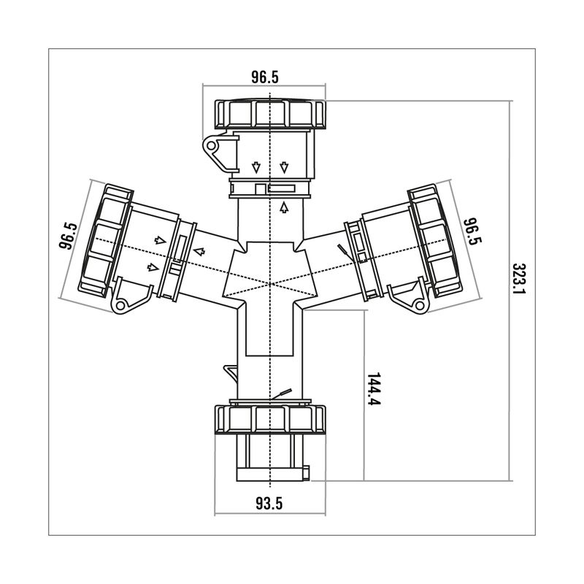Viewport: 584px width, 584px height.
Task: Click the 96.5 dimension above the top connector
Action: pos(265,77)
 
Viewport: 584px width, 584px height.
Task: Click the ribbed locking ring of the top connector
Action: pos(271,113)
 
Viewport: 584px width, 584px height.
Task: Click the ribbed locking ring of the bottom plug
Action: pos(271,418)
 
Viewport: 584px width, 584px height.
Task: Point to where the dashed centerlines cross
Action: pos(271,283)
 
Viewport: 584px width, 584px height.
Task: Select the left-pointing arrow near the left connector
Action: pos(199,253)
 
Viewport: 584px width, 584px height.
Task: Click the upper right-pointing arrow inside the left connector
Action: pos(158,240)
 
